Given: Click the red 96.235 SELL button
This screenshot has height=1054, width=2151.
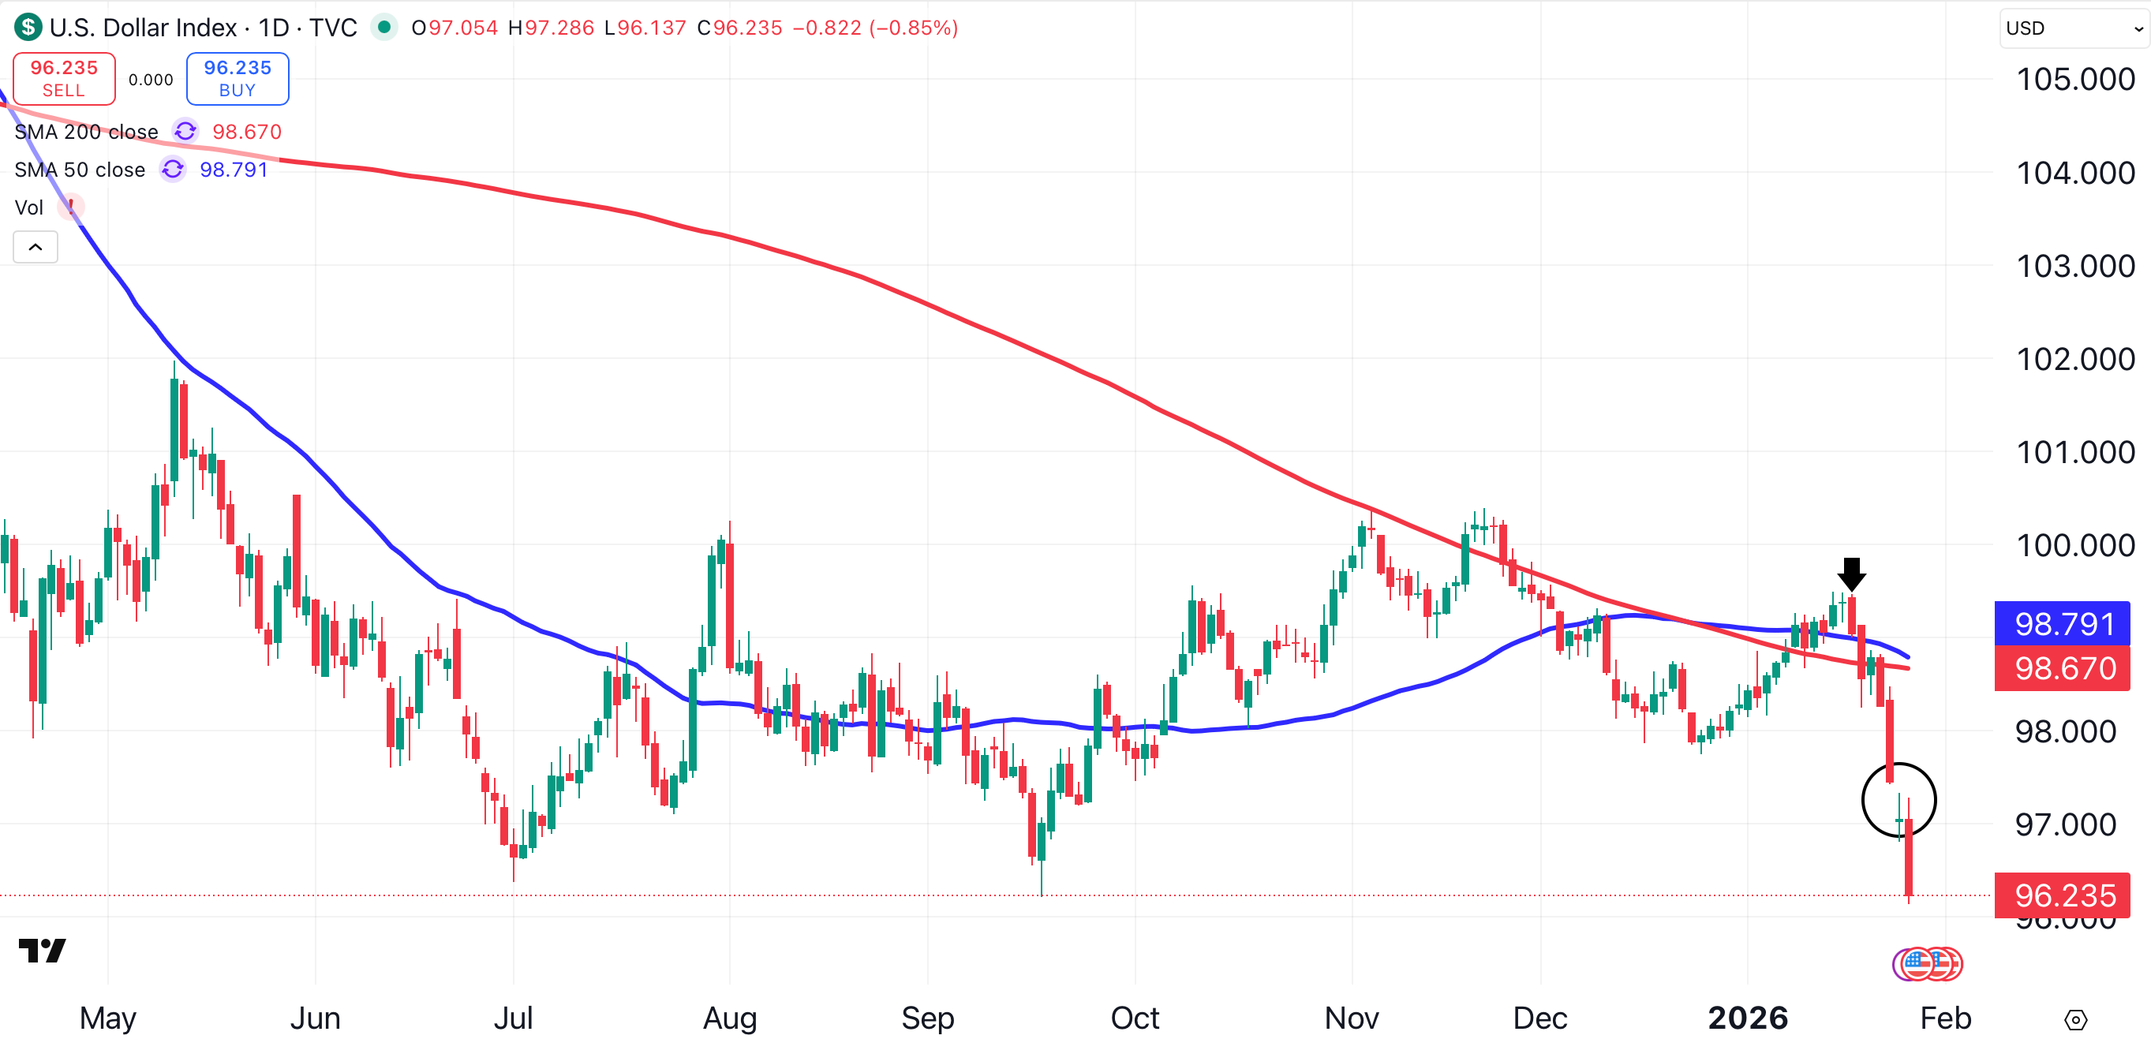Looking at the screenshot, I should point(64,79).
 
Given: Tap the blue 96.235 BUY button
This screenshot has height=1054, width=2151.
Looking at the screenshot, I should point(238,79).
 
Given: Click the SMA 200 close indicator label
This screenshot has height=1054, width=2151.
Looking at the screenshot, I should point(86,132).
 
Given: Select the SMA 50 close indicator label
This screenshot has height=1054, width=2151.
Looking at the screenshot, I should point(80,170).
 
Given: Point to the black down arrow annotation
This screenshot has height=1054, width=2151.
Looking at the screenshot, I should point(1851,574).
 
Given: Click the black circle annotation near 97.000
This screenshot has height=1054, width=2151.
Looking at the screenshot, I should point(1898,799).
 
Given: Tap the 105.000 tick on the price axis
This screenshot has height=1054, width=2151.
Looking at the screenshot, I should point(2075,80).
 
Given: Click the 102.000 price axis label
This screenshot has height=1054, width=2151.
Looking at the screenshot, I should point(2075,359).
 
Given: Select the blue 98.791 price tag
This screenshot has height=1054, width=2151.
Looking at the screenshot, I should point(2062,624).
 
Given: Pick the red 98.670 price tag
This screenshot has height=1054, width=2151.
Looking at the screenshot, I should point(2062,668).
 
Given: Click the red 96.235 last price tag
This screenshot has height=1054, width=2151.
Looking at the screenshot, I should point(2062,895).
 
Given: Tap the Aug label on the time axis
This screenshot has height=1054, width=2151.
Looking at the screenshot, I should point(730,1018).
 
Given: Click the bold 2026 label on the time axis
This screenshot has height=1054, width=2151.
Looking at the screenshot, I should point(1748,1018).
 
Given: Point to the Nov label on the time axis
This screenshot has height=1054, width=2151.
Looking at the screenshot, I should point(1351,1018).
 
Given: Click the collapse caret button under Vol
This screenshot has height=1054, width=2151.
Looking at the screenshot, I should point(35,247).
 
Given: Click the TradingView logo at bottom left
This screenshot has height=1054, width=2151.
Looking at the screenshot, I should point(42,951).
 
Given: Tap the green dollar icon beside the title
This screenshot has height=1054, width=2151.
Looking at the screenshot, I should point(28,28).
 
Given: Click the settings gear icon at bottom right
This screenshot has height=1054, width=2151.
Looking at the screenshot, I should point(2075,1020).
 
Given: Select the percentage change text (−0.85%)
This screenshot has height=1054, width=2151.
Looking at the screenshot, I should point(914,28).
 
